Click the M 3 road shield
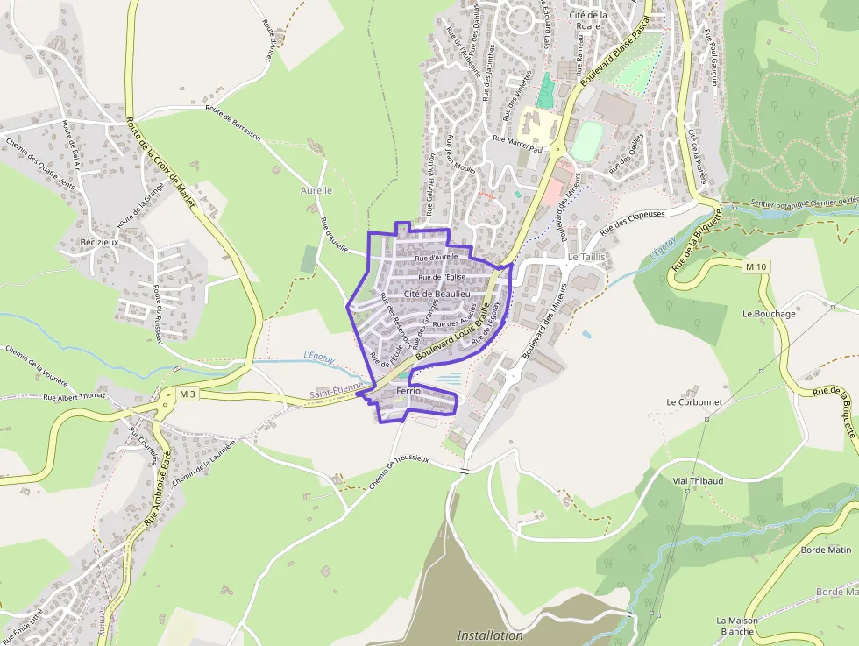(187, 394)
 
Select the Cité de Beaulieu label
(437, 294)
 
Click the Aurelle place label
(316, 190)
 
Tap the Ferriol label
(409, 390)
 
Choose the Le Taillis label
(587, 257)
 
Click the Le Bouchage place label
(769, 314)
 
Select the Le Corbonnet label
(693, 402)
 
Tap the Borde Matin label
(826, 550)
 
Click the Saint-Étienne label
(336, 396)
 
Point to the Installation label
(490, 635)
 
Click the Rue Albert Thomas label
(75, 397)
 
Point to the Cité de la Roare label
(588, 20)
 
